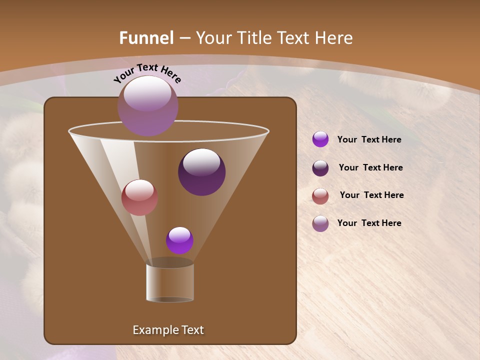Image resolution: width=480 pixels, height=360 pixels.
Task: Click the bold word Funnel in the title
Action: point(146,38)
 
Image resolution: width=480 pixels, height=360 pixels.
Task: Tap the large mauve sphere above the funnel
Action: point(147,106)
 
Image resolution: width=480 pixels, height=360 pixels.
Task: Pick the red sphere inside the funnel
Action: point(139,198)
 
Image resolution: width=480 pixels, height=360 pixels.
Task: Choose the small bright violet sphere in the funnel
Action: point(179,240)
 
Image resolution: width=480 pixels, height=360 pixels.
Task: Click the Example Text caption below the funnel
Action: point(168,330)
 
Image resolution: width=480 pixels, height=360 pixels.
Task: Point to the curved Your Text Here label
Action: point(147,72)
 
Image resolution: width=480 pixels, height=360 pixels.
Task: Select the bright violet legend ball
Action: point(320,139)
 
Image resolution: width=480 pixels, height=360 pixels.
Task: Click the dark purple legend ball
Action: point(320,168)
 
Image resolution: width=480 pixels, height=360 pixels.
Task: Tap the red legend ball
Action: point(320,196)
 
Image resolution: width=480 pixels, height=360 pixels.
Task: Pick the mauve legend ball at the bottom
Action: point(320,223)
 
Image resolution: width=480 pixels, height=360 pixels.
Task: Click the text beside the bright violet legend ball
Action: point(369,140)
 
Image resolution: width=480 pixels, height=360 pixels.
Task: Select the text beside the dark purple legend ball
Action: point(370,168)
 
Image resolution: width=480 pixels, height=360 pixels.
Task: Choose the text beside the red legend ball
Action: point(371,195)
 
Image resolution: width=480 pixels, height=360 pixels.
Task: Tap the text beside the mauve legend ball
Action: point(369,223)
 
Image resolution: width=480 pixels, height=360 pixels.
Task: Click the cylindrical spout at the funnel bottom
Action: point(170,282)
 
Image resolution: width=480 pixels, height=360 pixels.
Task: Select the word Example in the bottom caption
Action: point(153,330)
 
